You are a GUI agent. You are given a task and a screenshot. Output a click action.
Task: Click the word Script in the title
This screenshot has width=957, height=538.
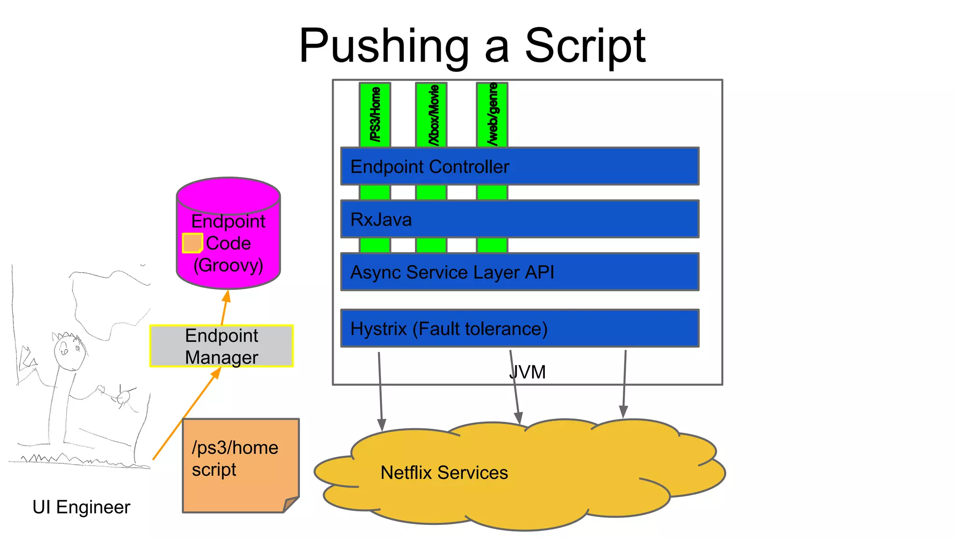[585, 46]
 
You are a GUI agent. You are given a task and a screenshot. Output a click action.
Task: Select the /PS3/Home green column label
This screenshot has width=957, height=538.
[375, 114]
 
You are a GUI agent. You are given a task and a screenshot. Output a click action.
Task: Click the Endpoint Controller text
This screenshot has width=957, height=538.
[429, 167]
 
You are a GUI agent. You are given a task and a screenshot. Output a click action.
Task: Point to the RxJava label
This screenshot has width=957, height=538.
[381, 219]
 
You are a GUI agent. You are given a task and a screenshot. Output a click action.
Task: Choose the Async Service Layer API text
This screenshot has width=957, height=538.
[452, 272]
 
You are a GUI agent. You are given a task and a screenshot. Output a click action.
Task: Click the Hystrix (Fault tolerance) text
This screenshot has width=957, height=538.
[449, 329]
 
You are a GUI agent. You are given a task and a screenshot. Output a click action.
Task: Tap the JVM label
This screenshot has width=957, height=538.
[528, 372]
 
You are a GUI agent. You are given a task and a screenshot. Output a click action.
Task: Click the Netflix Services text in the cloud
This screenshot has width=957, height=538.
[444, 473]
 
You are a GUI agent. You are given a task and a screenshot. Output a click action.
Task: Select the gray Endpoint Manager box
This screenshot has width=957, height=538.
[221, 346]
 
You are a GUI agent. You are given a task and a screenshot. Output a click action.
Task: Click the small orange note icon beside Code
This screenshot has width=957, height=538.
[192, 243]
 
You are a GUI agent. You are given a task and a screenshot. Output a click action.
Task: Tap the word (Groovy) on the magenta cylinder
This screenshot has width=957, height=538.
[228, 265]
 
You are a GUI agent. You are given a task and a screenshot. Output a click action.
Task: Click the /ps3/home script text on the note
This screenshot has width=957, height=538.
[235, 458]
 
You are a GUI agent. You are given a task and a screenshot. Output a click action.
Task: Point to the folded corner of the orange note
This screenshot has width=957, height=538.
[291, 504]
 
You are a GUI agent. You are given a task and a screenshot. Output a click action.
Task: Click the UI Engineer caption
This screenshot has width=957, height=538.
[81, 507]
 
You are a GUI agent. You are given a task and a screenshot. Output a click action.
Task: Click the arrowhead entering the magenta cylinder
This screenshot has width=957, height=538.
[227, 296]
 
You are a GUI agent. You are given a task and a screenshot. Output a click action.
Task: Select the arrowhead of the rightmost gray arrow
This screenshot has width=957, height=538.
[623, 412]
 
